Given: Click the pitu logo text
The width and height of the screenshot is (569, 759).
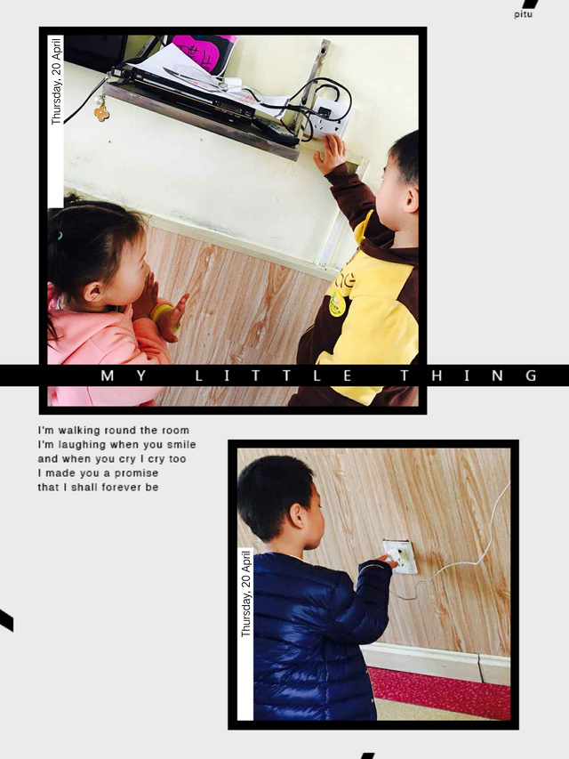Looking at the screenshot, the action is tap(523, 14).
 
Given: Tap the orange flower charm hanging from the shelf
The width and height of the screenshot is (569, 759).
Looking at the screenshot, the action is tap(101, 113).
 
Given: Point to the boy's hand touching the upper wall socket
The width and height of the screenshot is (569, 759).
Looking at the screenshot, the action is tap(330, 153).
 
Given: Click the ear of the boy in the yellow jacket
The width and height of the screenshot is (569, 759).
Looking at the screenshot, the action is tap(411, 199).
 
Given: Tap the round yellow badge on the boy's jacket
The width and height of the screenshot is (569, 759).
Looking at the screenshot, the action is tap(337, 304).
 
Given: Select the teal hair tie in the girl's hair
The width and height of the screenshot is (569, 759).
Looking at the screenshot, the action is tap(60, 236).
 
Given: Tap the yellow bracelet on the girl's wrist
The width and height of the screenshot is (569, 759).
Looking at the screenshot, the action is tap(161, 311).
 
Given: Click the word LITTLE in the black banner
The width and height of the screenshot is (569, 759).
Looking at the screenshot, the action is tap(274, 375).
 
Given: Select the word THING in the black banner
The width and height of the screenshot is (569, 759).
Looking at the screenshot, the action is tap(469, 375).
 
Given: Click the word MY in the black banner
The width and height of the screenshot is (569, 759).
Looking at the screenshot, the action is tap(124, 375).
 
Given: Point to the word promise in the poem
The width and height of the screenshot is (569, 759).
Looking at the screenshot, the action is tap(136, 472).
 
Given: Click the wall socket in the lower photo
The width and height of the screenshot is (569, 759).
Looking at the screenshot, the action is tap(401, 557).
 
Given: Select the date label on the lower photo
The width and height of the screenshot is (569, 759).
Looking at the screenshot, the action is tap(246, 593).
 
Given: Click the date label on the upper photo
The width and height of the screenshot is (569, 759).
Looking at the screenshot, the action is tap(57, 80).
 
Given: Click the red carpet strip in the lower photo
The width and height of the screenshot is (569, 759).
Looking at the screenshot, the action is tap(438, 692).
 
